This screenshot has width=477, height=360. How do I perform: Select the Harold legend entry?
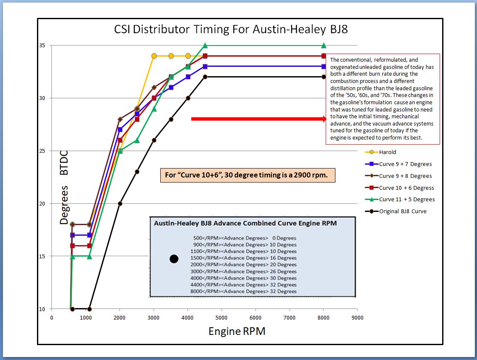pos(387,152)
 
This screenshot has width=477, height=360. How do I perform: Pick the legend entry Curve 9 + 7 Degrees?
pos(405,164)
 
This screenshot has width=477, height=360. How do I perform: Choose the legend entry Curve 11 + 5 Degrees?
pos(407,199)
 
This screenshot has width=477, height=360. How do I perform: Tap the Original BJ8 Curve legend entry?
pos(403,211)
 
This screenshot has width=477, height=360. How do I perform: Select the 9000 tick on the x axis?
pos(357,317)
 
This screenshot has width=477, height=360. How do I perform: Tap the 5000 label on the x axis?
pos(221,317)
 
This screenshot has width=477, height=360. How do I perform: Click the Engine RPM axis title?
pos(237,331)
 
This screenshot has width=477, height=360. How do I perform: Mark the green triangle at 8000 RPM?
pos(324,46)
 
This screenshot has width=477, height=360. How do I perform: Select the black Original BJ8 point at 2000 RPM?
pos(120,203)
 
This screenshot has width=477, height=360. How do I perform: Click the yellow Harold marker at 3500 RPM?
pos(171,56)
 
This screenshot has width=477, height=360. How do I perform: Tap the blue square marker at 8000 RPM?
pos(324,66)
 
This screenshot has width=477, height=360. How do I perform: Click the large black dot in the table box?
pos(173,259)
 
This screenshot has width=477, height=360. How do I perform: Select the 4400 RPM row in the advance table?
pos(244,285)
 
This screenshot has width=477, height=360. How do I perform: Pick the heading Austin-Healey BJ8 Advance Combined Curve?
pos(245,223)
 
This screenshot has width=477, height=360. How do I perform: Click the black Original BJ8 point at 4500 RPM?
pos(205,77)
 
